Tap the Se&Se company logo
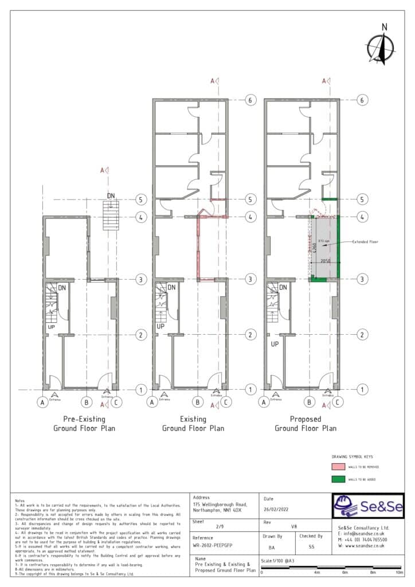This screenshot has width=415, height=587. pos(368,506)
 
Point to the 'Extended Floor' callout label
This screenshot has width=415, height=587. pos(365,242)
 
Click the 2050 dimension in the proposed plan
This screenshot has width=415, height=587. pos(326,261)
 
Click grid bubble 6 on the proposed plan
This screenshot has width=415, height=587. pos(362,100)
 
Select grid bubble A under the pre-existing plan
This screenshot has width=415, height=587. pos(42,403)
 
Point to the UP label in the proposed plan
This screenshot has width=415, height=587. pos(274,345)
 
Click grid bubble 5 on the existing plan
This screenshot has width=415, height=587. pos(250,199)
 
